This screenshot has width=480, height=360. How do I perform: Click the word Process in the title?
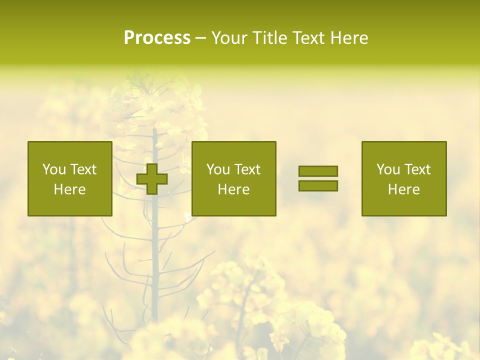click(157, 38)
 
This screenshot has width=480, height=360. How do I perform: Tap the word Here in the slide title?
click(347, 38)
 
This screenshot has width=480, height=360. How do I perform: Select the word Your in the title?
click(229, 38)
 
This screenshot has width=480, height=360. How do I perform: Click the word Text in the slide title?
click(307, 38)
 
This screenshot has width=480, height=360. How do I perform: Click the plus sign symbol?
click(152, 179)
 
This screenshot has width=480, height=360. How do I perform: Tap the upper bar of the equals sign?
click(318, 171)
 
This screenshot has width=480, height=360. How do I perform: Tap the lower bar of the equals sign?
click(318, 186)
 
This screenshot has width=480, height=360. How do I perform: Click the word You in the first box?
click(53, 169)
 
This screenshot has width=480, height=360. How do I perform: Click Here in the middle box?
click(234, 189)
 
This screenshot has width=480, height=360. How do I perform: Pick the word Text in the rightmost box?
click(417, 169)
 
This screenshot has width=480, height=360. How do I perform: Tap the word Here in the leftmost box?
click(70, 189)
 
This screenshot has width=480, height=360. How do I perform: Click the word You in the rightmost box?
click(387, 169)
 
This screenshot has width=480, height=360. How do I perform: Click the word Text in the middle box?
click(247, 169)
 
